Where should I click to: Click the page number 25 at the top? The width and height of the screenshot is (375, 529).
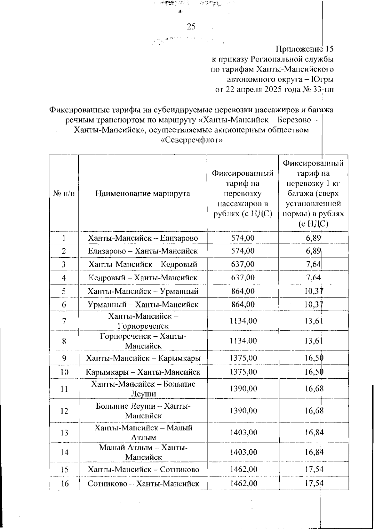pyautogui.click(x=191, y=27)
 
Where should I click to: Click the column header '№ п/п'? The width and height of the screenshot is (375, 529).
pyautogui.click(x=64, y=194)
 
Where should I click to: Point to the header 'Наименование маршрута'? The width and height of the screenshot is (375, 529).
pyautogui.click(x=143, y=194)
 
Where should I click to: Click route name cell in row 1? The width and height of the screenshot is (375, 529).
pyautogui.click(x=143, y=238)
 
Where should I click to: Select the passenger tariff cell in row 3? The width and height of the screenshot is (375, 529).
pyautogui.click(x=243, y=264)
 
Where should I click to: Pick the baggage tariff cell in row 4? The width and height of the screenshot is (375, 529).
pyautogui.click(x=313, y=277)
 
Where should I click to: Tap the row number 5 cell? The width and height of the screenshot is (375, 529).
pyautogui.click(x=64, y=291)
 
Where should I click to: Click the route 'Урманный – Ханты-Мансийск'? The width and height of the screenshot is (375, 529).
pyautogui.click(x=143, y=304)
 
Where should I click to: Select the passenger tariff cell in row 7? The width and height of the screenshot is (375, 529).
pyautogui.click(x=243, y=321)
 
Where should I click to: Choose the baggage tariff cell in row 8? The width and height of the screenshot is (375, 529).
pyautogui.click(x=313, y=341)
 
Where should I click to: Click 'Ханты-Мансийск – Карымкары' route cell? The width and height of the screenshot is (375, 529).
pyautogui.click(x=143, y=358)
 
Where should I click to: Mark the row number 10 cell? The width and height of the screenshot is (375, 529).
pyautogui.click(x=64, y=372)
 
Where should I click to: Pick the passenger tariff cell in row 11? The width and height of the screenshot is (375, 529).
pyautogui.click(x=243, y=389)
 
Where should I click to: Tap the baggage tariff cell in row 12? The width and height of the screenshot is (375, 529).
pyautogui.click(x=313, y=411)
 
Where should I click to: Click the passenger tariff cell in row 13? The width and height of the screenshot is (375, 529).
pyautogui.click(x=243, y=432)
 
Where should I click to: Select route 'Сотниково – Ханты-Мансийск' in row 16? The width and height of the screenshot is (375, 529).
pyautogui.click(x=143, y=484)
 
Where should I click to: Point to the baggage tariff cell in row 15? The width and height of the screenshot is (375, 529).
pyautogui.click(x=313, y=469)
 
